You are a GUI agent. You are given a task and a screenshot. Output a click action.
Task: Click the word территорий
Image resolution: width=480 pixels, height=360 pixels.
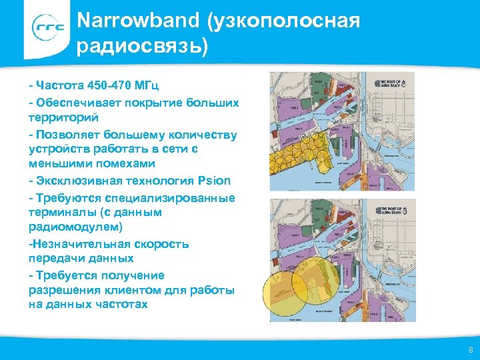tap(63, 117)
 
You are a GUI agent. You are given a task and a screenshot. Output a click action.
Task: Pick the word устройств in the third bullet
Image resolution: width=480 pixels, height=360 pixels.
tap(57, 149)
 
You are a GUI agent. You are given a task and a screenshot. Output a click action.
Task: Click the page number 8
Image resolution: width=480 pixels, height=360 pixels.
tap(471, 350)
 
